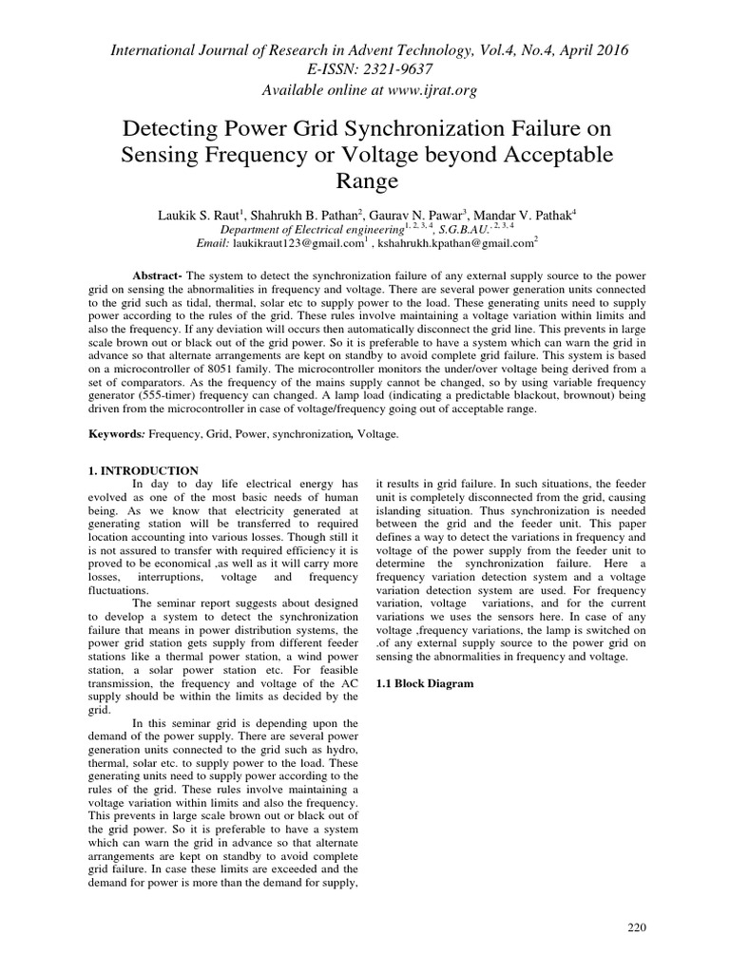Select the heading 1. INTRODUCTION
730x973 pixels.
[x=143, y=471]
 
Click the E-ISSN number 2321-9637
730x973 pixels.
[x=393, y=69]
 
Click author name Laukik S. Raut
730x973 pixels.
[x=197, y=216]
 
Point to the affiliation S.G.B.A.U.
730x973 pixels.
[x=459, y=230]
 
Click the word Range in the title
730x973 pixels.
[x=365, y=180]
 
